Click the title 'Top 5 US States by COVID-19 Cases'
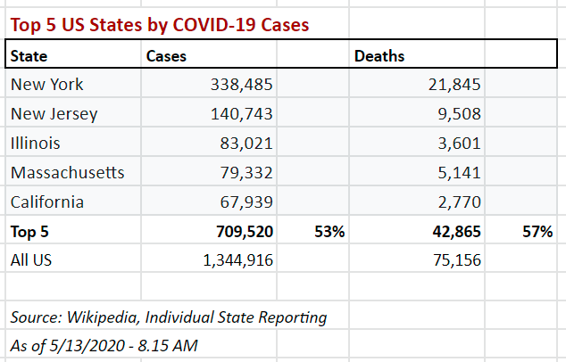pos(160,25)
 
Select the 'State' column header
pos(29,56)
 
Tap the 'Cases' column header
pos(166,56)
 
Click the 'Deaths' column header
pos(379,56)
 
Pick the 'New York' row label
pos(46,85)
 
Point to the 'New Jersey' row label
pos(54,114)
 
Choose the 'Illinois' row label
pos(36,143)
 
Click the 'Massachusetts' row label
pos(68,172)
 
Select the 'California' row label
pos(47,202)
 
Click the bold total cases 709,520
pos(238,232)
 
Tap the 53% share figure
pos(329,232)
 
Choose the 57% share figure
pos(538,232)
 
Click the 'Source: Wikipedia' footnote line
pos(169,317)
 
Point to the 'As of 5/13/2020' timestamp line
pos(104,345)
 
